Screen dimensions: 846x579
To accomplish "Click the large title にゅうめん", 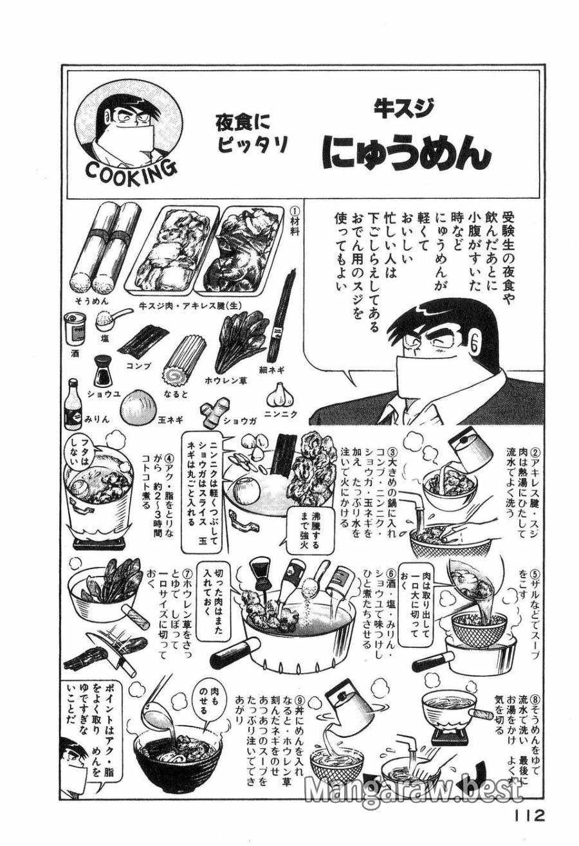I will coord(406,154).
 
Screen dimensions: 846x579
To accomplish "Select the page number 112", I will coord(529,815).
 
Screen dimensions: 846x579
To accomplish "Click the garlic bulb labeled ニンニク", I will coord(280,393).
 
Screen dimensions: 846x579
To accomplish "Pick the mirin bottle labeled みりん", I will coord(73,405).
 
